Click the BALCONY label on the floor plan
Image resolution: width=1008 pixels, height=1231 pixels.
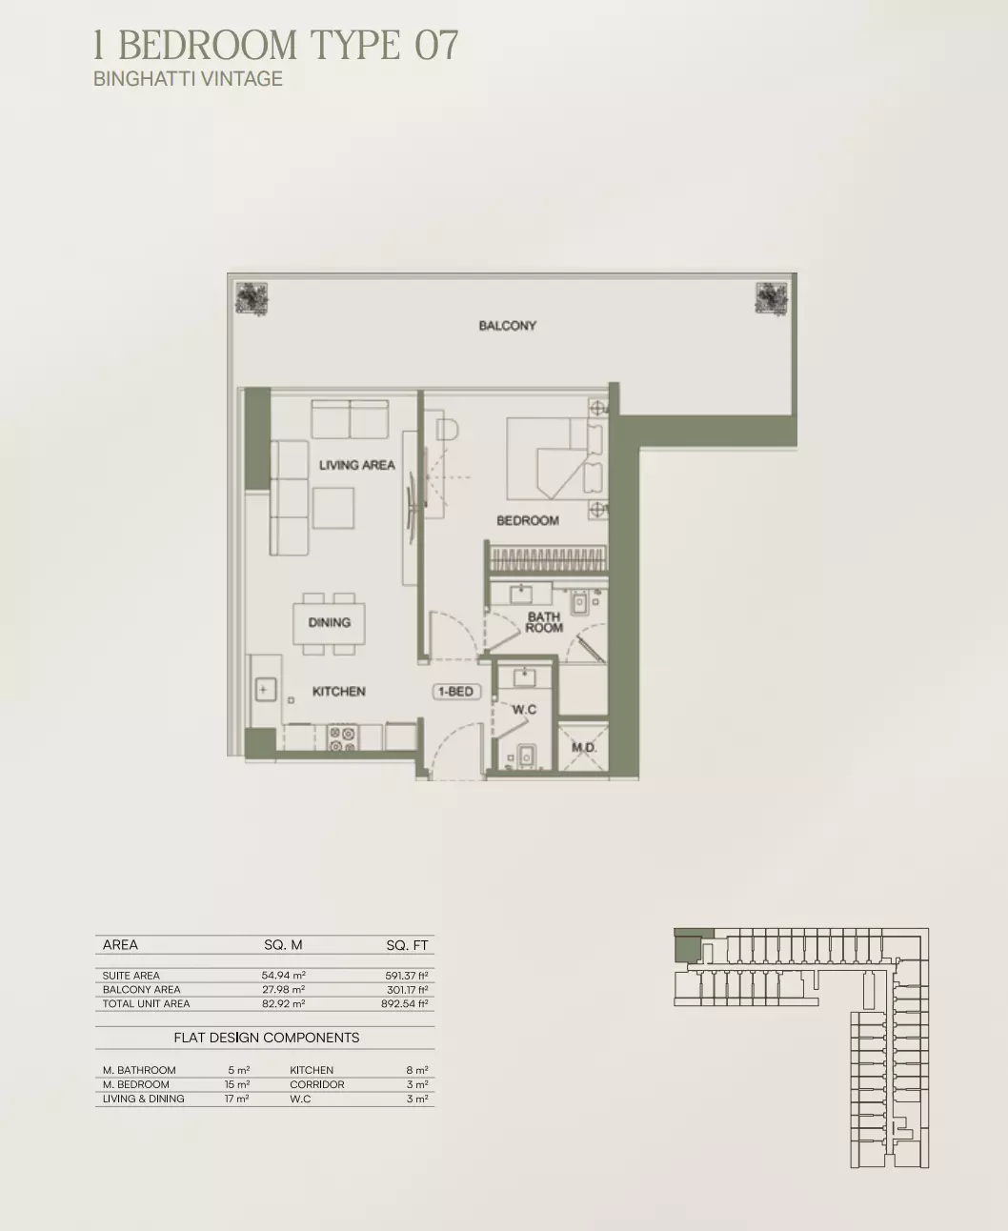tap(507, 326)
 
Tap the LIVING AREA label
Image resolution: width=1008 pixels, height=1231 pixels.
tap(356, 465)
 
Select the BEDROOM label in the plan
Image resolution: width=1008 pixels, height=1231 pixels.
tap(528, 520)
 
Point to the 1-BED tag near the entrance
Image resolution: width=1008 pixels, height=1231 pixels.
tap(455, 692)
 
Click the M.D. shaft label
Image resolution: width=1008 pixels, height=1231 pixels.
tap(584, 748)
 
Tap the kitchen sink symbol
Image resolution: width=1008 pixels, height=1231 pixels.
tap(266, 690)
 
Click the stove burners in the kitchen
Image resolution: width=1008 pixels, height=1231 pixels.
tap(342, 738)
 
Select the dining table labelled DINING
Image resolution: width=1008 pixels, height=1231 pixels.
tap(330, 623)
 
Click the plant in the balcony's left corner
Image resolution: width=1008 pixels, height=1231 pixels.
tap(252, 299)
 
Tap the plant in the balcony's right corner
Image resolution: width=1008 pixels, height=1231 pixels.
tap(772, 299)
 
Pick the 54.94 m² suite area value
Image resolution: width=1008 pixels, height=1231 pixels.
tap(284, 975)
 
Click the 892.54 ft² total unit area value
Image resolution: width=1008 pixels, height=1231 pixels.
tap(405, 1003)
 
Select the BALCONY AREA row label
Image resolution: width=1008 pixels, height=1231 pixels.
tap(142, 989)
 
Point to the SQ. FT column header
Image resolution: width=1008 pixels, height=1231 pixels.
tap(408, 945)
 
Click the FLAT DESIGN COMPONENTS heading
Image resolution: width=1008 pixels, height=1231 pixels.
tap(267, 1038)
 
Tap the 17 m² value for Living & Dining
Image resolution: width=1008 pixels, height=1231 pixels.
tap(237, 1099)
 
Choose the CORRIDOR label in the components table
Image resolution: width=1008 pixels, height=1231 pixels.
tap(317, 1084)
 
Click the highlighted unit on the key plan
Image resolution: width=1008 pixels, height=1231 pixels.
tap(689, 945)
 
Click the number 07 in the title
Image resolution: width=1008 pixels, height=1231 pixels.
tap(436, 45)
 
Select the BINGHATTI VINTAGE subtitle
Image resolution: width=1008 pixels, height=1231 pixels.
tap(188, 79)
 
